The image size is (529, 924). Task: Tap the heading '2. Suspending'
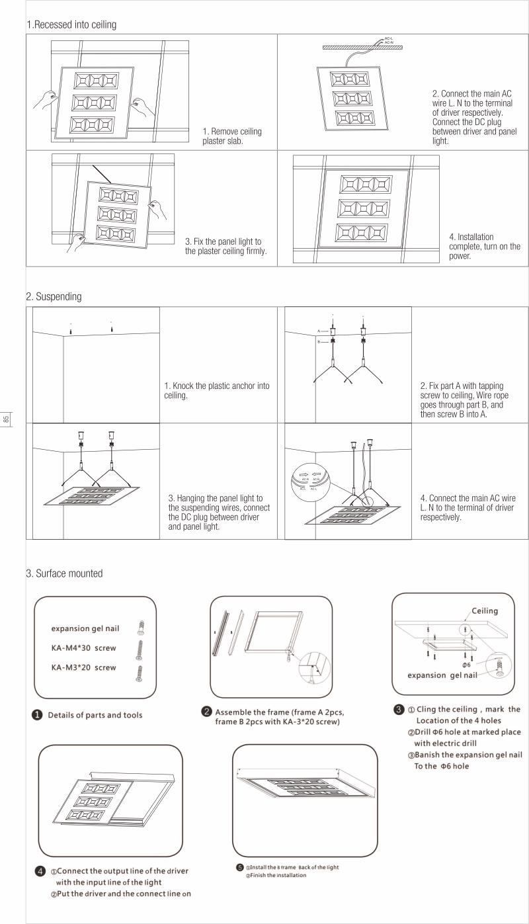(x=54, y=297)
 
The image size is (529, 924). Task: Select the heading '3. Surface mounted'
(x=64, y=573)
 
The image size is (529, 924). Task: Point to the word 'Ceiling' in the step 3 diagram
(x=485, y=610)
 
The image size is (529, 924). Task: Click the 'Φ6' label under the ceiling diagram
(x=466, y=664)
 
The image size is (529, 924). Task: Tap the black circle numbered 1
(x=38, y=715)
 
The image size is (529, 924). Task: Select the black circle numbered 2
(x=206, y=712)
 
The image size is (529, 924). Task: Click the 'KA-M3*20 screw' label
(x=84, y=667)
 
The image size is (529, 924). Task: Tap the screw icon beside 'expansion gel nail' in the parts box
(x=140, y=626)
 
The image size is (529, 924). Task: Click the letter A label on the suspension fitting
(x=318, y=329)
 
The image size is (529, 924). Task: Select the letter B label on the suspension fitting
(x=318, y=341)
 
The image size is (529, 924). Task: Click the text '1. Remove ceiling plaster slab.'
(x=231, y=136)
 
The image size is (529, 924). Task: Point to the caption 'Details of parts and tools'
(x=95, y=715)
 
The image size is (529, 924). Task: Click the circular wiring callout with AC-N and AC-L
(x=309, y=477)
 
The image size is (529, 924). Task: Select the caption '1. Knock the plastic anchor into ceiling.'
(x=216, y=390)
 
